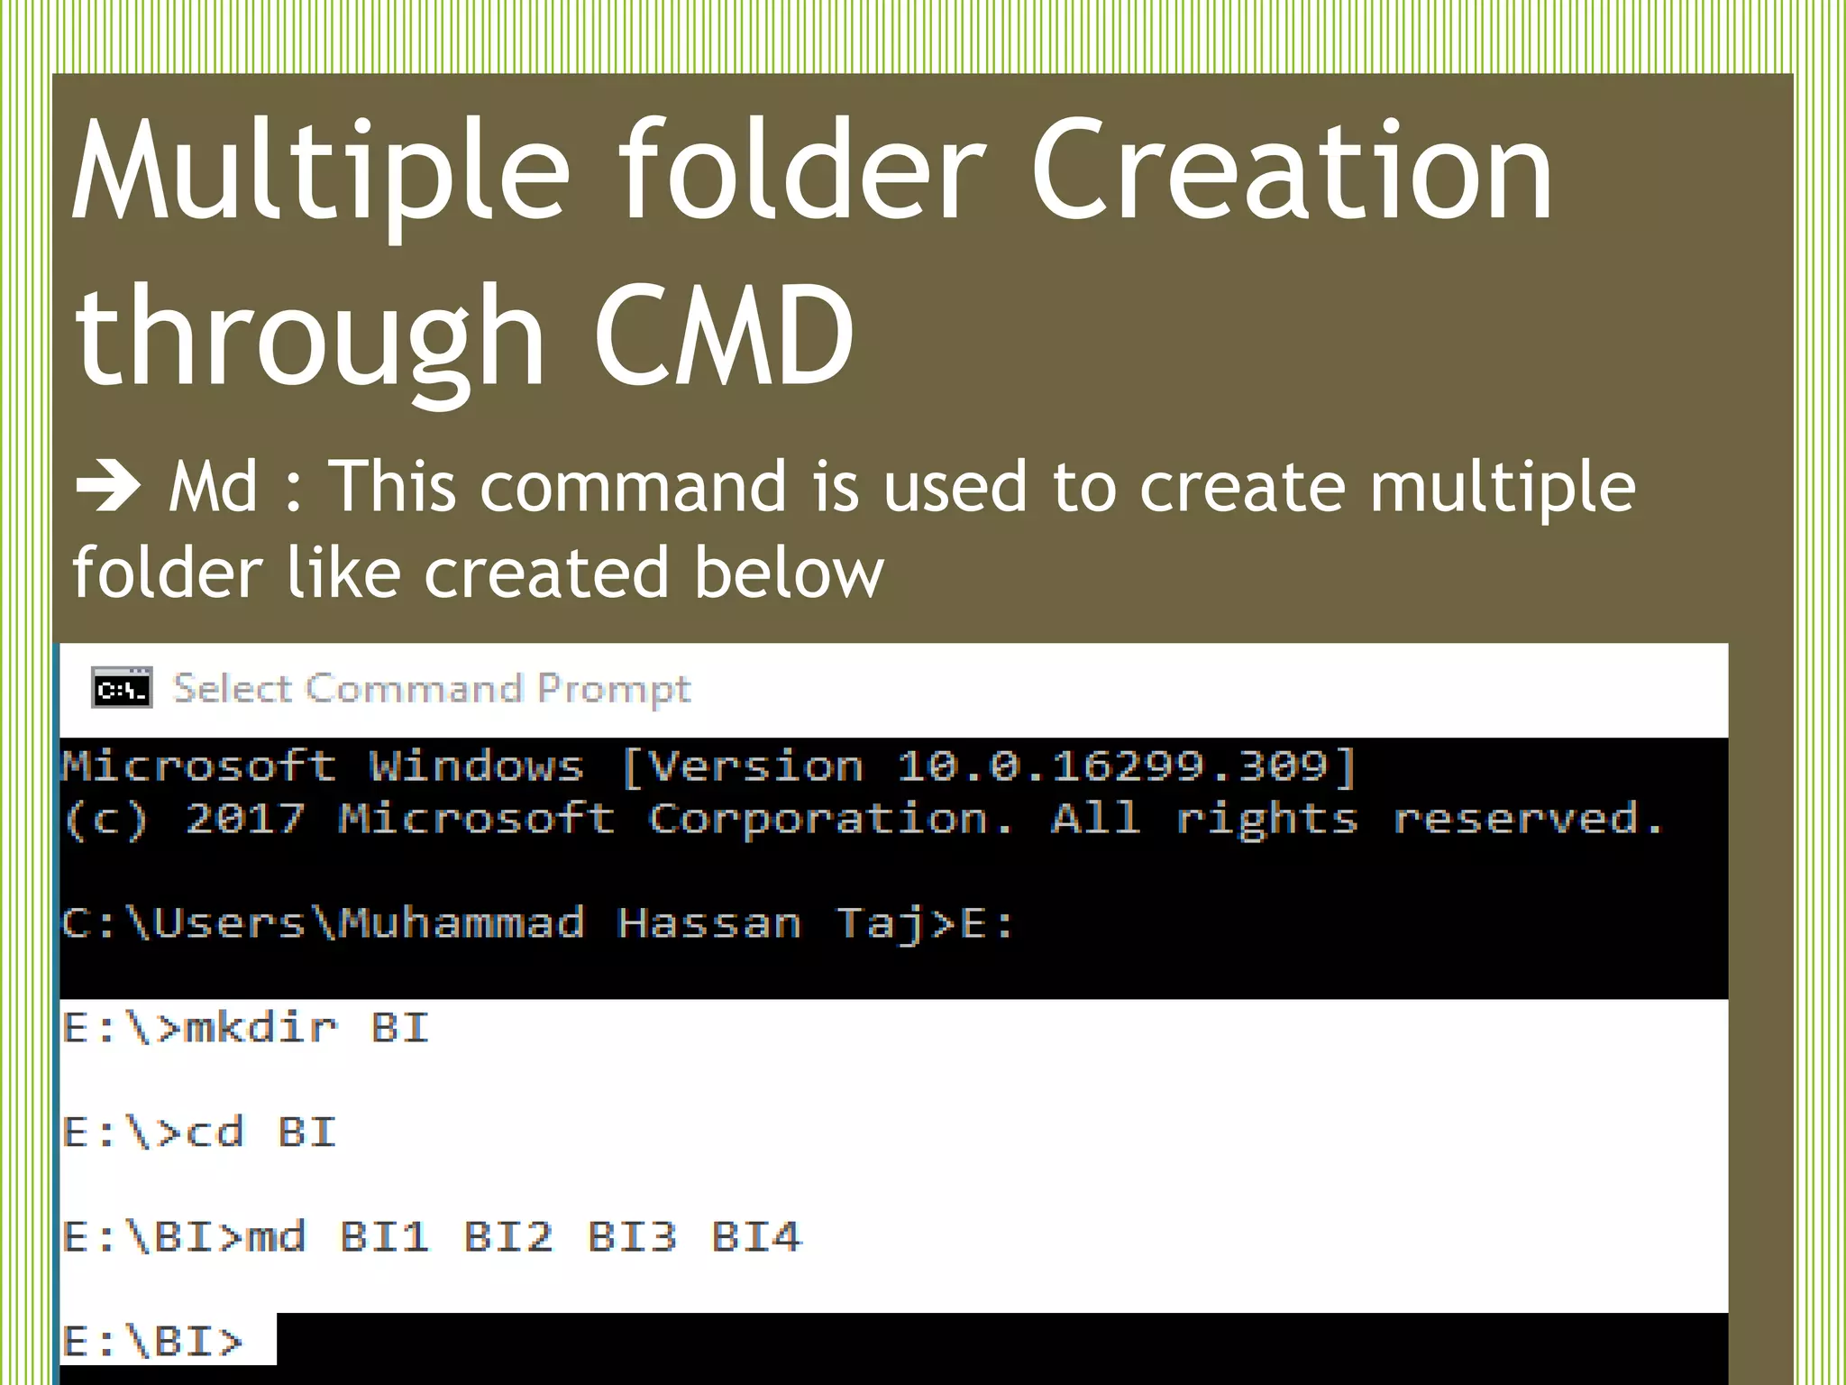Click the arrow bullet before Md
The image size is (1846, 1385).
(108, 486)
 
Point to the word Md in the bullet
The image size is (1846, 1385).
(213, 487)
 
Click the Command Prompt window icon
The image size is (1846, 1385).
(122, 689)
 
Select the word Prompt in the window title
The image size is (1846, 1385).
(614, 690)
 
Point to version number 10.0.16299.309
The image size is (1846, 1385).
(1111, 766)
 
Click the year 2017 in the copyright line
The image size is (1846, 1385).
(245, 819)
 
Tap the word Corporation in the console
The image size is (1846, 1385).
(829, 819)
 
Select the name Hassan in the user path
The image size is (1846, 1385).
(709, 923)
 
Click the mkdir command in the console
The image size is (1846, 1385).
(260, 1028)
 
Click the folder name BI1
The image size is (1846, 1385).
(384, 1236)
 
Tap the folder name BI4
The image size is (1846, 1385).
(755, 1236)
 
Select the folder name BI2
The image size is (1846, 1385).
(507, 1236)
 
